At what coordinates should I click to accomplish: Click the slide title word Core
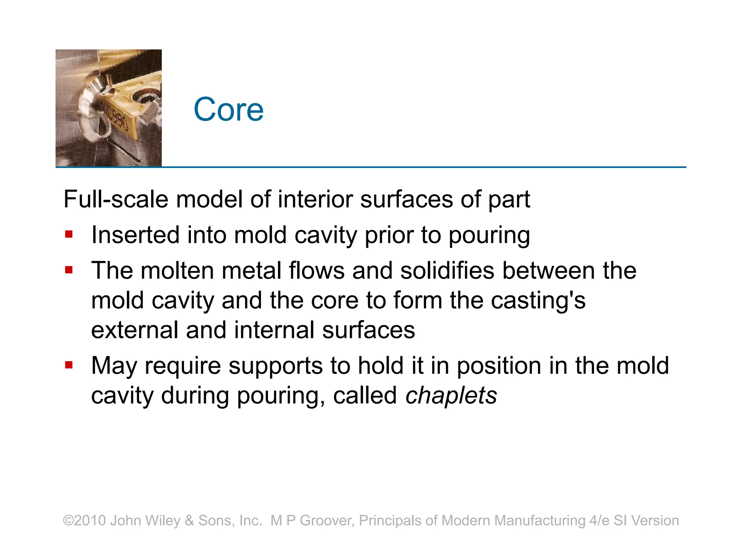[x=228, y=110]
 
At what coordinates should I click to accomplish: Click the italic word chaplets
[x=451, y=395]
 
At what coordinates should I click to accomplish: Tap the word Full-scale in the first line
[x=116, y=199]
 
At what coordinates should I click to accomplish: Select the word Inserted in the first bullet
[x=136, y=235]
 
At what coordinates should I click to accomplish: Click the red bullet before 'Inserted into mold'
[x=69, y=234]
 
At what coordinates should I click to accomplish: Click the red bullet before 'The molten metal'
[x=69, y=270]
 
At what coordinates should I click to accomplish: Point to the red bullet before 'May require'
[x=69, y=364]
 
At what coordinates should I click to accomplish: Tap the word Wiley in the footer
[x=163, y=521]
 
